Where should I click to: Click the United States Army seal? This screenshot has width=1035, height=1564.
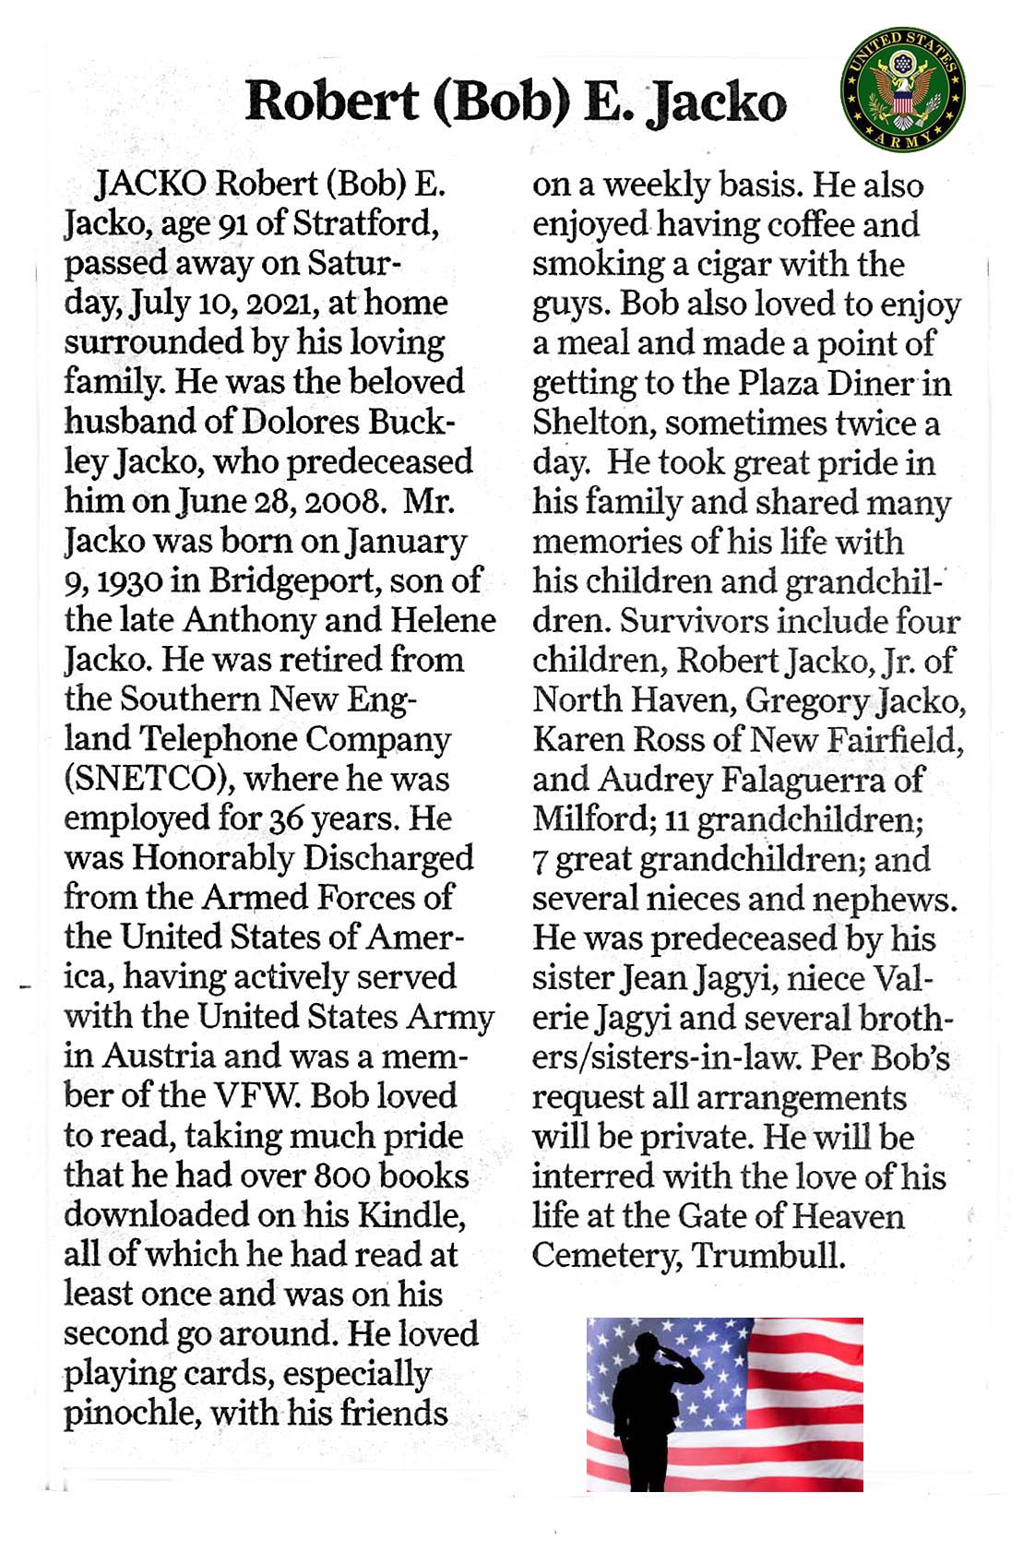click(901, 89)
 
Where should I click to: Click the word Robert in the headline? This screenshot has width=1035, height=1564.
click(331, 101)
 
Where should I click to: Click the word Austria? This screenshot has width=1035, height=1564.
click(159, 1056)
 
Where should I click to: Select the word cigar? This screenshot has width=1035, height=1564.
click(733, 265)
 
